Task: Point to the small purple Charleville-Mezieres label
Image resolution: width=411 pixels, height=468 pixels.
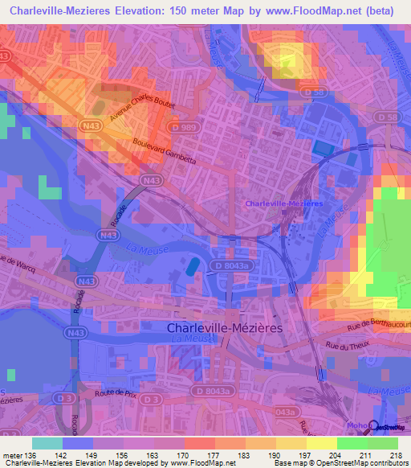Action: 284,203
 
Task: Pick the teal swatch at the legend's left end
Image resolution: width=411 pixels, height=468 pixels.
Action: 47,443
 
